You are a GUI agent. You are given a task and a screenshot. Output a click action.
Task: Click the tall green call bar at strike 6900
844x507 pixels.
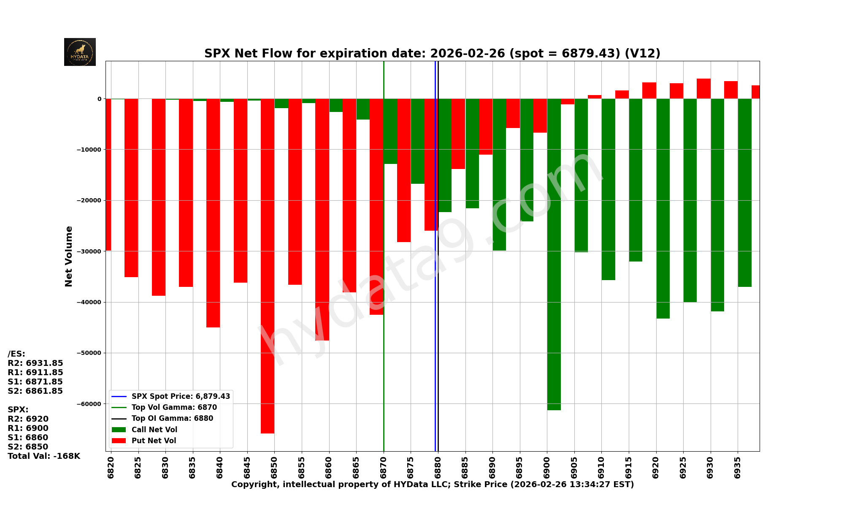click(x=554, y=253)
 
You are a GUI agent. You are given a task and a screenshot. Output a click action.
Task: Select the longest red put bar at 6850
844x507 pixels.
click(x=268, y=266)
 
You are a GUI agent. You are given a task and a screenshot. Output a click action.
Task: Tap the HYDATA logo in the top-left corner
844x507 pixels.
click(x=80, y=52)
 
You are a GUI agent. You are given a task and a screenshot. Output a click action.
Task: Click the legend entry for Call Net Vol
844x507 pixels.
click(x=154, y=430)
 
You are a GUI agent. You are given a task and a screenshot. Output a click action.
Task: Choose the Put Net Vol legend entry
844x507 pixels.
click(x=154, y=441)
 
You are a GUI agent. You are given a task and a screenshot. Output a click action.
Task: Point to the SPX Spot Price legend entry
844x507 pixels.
click(x=181, y=396)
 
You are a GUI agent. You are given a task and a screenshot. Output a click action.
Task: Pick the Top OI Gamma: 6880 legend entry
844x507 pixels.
click(x=172, y=418)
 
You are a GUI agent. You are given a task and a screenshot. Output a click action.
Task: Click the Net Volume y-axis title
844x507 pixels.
click(x=69, y=256)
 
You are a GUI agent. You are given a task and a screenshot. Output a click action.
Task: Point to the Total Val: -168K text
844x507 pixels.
click(x=44, y=456)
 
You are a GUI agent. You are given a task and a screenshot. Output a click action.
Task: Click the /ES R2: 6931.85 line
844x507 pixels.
click(x=35, y=363)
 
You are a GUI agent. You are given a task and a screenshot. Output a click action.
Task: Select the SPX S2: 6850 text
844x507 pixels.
click(x=28, y=447)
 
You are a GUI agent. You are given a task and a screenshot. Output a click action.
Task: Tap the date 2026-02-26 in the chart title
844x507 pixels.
click(x=467, y=54)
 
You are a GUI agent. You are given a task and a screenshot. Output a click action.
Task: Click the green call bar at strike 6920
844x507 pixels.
click(x=663, y=208)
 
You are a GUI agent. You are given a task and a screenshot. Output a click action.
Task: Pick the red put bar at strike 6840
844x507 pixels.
click(x=213, y=213)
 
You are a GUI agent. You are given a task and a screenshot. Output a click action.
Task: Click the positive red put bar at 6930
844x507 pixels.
click(x=703, y=89)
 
